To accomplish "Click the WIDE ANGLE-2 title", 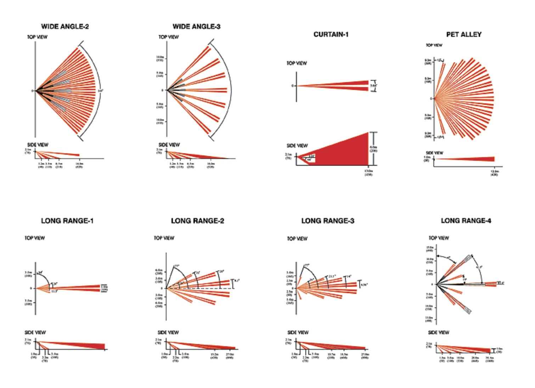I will pyautogui.click(x=65, y=27).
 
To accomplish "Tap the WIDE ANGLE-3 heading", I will pyautogui.click(x=196, y=27).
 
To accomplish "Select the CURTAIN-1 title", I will pyautogui.click(x=331, y=34).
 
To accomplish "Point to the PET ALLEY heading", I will pyautogui.click(x=464, y=34).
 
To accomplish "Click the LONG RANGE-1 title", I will pyautogui.click(x=67, y=221).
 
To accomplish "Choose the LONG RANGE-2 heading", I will pyautogui.click(x=197, y=221).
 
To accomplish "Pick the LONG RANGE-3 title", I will pyautogui.click(x=328, y=221).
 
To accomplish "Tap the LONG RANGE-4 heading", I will pyautogui.click(x=466, y=221).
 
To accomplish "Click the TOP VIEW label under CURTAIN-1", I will pyautogui.click(x=297, y=63).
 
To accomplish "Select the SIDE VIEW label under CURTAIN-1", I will pyautogui.click(x=297, y=146).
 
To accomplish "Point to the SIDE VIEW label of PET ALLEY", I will pyautogui.click(x=434, y=153).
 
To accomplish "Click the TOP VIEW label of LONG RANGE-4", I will pyautogui.click(x=439, y=238).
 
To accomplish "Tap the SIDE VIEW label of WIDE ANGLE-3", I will pyautogui.click(x=169, y=145).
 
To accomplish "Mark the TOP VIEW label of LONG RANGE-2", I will pyautogui.click(x=164, y=238).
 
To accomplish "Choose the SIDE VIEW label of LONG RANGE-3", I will pyautogui.click(x=298, y=333).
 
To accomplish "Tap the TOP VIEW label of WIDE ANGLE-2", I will pyautogui.click(x=37, y=37).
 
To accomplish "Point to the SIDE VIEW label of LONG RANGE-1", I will pyautogui.click(x=35, y=333).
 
